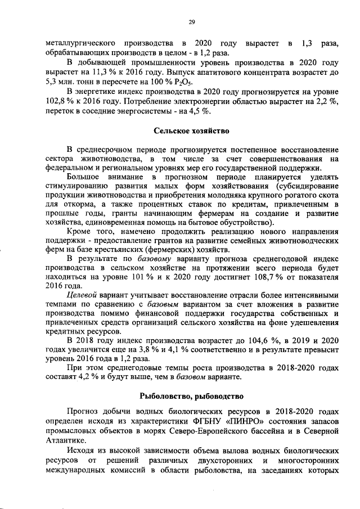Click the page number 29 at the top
(x=191, y=22)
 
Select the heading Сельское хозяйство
(x=192, y=131)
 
